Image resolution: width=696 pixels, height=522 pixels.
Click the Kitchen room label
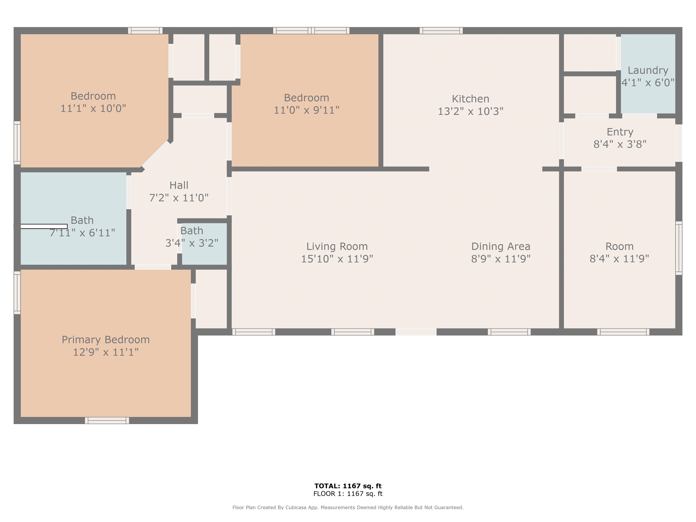coord(470,99)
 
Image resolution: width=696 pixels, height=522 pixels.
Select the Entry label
coord(620,132)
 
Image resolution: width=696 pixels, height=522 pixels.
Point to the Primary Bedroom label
coord(106,340)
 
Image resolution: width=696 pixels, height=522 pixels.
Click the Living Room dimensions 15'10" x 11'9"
coord(337,259)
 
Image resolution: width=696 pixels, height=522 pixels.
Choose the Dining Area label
coord(501,246)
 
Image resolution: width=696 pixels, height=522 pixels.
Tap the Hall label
coord(179,185)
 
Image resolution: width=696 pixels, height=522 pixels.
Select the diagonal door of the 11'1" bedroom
coord(155,155)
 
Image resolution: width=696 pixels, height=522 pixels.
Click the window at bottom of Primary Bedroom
coord(107,420)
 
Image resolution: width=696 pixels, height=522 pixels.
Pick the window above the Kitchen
coord(441,31)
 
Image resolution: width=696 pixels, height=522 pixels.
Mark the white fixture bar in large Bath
coord(44,226)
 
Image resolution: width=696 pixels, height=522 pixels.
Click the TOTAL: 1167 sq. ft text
coord(348,486)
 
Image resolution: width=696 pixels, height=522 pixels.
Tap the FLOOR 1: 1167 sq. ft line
coord(348,494)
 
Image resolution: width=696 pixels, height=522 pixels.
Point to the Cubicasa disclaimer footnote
coord(348,507)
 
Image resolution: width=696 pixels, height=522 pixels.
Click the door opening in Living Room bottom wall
coord(416,332)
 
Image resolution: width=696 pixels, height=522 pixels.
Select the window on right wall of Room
coord(679,248)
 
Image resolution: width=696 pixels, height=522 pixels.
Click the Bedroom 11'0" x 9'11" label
coord(307,98)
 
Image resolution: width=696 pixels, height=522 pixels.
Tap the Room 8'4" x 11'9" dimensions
coord(619,259)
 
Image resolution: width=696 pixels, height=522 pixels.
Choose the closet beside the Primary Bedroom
coord(211,299)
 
